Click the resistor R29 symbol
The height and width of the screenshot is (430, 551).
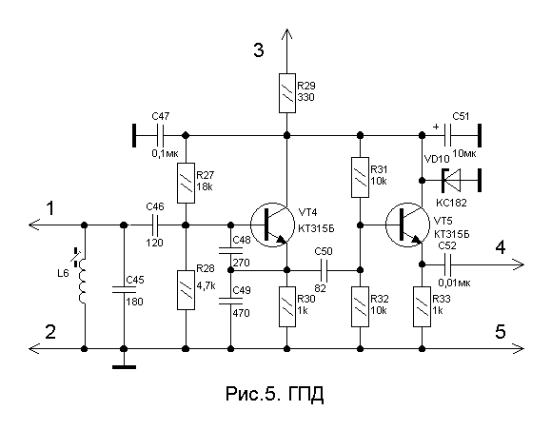287,93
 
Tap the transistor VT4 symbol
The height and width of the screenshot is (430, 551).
272,225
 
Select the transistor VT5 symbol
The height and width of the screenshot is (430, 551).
407,225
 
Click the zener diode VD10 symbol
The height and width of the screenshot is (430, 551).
451,180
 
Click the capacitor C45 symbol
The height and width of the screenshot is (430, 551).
124,289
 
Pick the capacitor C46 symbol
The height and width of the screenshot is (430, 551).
155,225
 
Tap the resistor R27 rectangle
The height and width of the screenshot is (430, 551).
186,183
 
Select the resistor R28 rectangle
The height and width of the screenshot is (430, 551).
186,290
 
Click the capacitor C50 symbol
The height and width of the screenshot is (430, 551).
324,270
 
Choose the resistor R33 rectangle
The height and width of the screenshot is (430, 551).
422,306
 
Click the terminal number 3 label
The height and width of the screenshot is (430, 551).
259,50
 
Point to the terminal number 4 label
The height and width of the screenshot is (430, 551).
501,247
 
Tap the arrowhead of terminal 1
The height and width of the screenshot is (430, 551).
34,225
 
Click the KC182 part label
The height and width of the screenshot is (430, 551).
451,203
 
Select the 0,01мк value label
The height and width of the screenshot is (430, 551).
454,283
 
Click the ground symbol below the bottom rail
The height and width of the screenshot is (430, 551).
124,367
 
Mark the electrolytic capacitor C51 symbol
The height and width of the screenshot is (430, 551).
447,135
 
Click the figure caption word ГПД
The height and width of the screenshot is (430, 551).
305,394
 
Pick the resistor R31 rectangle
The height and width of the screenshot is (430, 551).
360,177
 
